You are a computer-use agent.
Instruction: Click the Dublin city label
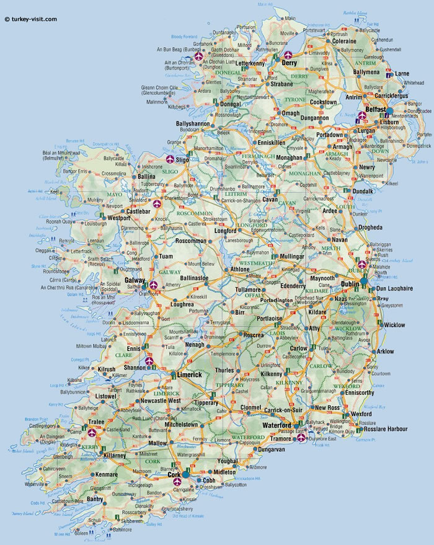pyautogui.click(x=350, y=283)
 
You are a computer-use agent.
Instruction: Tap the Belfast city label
pyautogui.click(x=376, y=110)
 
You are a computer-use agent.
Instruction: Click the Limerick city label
pyautogui.click(x=189, y=375)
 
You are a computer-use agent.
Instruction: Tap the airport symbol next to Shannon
pyautogui.click(x=149, y=359)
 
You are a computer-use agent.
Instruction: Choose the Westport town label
pyautogui.click(x=118, y=218)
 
